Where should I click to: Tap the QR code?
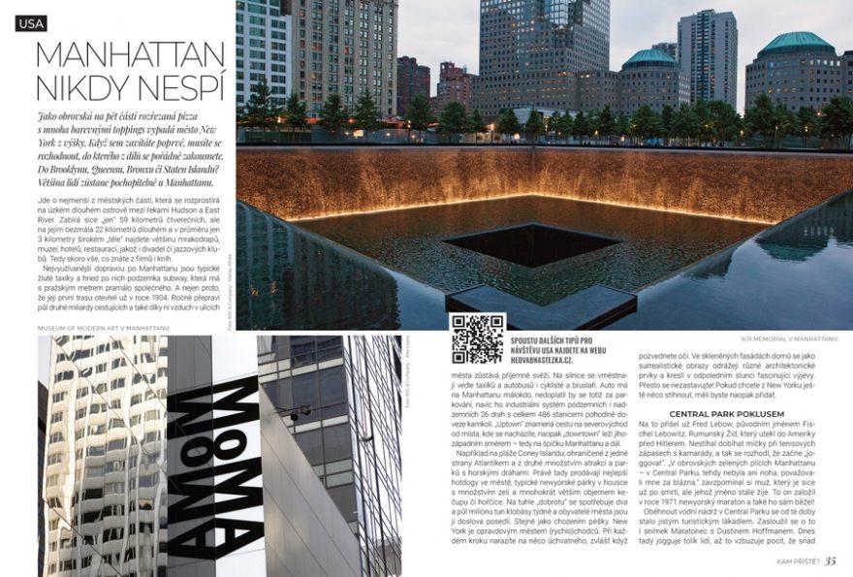477,338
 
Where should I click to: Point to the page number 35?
832,561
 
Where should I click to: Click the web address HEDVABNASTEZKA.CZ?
556,359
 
